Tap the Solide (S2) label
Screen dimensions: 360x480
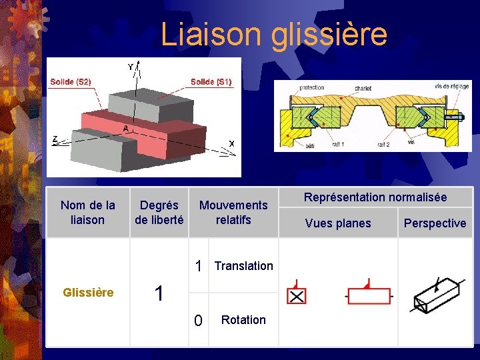70,82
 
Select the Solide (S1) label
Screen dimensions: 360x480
211,82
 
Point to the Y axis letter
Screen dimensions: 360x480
131,67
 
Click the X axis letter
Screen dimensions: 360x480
231,143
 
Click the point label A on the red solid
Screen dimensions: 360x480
125,127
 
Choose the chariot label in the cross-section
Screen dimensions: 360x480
363,88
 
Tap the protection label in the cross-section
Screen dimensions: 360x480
312,88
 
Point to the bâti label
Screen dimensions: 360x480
309,145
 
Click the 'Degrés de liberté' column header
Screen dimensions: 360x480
159,212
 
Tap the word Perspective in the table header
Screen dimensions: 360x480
435,223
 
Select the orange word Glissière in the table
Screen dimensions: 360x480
87,293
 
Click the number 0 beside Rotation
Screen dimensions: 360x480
197,321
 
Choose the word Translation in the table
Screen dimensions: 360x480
243,266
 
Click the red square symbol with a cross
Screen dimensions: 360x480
296,295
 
